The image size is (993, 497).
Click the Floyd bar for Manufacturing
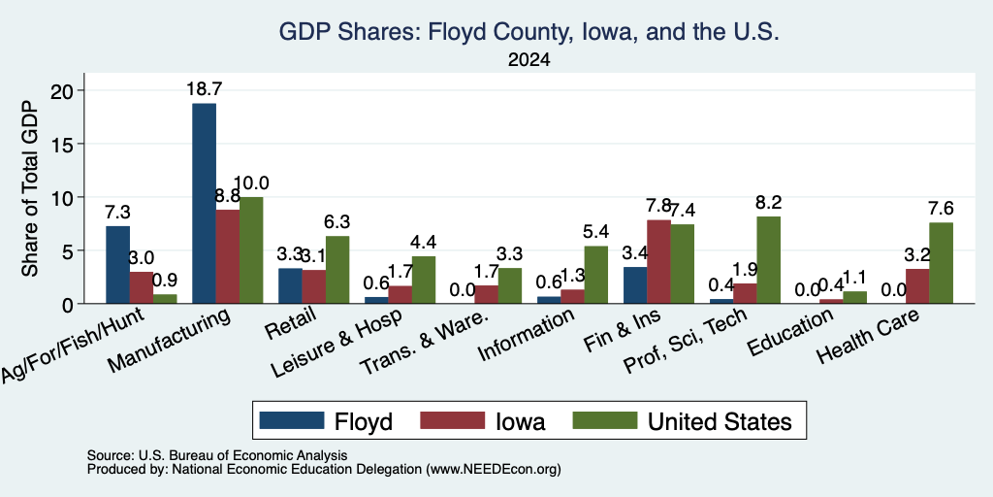(x=204, y=204)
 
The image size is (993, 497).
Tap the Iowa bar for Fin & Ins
(x=658, y=262)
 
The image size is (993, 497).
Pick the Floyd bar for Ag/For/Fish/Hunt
(x=117, y=264)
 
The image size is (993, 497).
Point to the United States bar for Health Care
(x=941, y=263)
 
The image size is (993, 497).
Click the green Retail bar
(x=337, y=270)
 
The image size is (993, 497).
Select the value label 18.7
(x=204, y=88)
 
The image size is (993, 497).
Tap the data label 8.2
(x=768, y=202)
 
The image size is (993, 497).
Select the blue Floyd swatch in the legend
(x=291, y=420)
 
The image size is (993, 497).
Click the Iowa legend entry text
(x=520, y=421)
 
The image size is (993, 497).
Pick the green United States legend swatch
(x=605, y=420)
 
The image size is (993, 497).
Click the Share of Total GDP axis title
(x=30, y=188)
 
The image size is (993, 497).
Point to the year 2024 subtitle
(x=529, y=60)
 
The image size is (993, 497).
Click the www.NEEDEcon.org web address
(x=494, y=470)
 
